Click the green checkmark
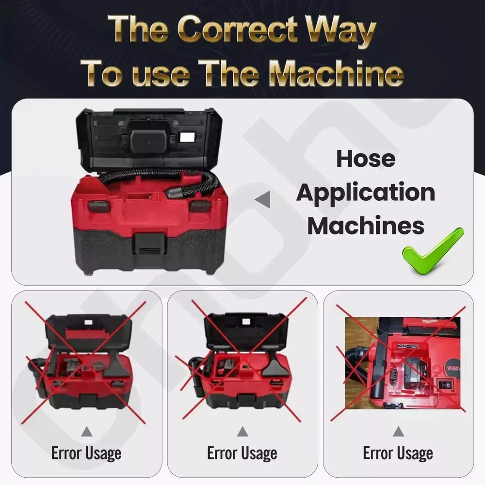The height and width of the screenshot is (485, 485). pos(433,251)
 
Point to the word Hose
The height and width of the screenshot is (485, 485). pos(366,159)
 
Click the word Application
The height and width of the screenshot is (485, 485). pos(366,194)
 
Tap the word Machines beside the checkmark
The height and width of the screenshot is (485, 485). pos(366,226)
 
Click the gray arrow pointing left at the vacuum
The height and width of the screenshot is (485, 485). pos(262,199)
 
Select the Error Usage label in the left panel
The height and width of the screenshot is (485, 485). pos(86,454)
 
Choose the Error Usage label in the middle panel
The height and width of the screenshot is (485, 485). pos(242,454)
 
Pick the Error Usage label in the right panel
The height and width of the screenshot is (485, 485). pos(398,454)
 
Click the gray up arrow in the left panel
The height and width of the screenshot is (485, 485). pos(87,432)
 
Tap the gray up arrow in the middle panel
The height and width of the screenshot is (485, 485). pos(242,432)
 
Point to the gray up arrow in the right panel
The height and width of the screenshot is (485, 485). pos(398,432)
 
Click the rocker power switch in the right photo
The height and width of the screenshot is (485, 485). pos(445,385)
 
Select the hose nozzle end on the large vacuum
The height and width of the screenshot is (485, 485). pos(174,193)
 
